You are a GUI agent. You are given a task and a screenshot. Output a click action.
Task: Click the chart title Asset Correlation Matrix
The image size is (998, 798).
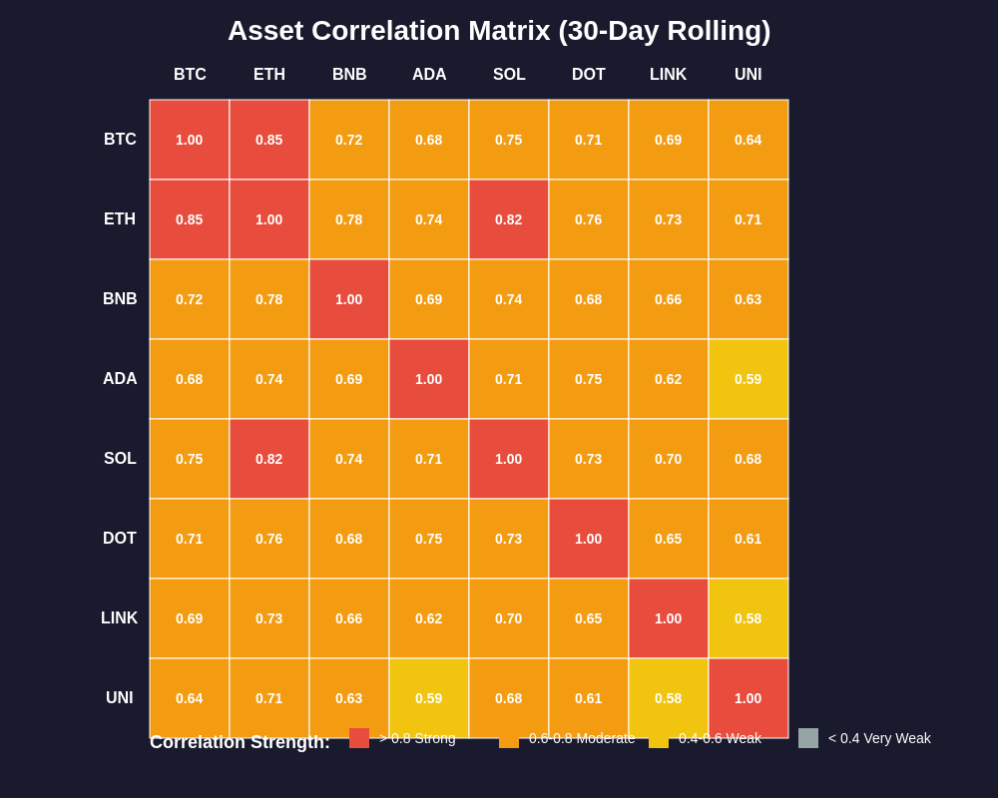(499, 31)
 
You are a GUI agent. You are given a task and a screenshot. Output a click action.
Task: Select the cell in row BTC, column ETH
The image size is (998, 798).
(269, 140)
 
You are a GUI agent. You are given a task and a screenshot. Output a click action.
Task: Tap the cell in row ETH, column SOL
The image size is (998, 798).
(509, 219)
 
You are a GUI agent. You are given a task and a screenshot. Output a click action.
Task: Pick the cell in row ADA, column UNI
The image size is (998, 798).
(748, 379)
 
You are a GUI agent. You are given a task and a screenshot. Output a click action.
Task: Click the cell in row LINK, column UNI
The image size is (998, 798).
(748, 618)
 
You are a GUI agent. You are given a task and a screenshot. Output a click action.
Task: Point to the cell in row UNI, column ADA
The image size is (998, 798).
(429, 698)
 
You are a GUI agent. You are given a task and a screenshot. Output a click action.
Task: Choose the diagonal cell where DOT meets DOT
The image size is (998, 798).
(589, 539)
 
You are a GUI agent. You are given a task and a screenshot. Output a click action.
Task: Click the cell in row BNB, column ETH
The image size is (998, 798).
(269, 299)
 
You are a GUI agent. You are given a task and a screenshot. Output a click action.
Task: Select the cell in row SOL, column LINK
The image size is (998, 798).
(669, 459)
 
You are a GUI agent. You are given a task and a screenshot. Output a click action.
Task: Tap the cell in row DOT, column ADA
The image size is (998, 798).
(429, 539)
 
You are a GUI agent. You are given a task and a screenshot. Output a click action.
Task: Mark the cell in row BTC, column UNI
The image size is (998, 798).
(748, 140)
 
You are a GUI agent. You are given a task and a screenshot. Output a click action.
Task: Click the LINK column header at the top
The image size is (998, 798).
(669, 75)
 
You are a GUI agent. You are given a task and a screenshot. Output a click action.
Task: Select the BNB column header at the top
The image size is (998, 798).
(349, 75)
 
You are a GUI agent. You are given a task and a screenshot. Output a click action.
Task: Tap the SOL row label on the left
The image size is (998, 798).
(120, 459)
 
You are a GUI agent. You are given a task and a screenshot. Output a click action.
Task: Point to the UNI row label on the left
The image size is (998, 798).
(120, 698)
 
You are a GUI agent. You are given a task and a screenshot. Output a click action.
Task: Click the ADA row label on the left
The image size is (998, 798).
(120, 379)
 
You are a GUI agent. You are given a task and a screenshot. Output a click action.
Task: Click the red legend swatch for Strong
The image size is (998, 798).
(359, 738)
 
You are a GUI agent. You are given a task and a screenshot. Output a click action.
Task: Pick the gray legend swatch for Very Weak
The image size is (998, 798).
(808, 738)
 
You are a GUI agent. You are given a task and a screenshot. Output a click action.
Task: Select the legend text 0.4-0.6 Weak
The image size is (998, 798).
(720, 738)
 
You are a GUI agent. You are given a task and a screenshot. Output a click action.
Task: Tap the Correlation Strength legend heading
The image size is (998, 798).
(240, 742)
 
